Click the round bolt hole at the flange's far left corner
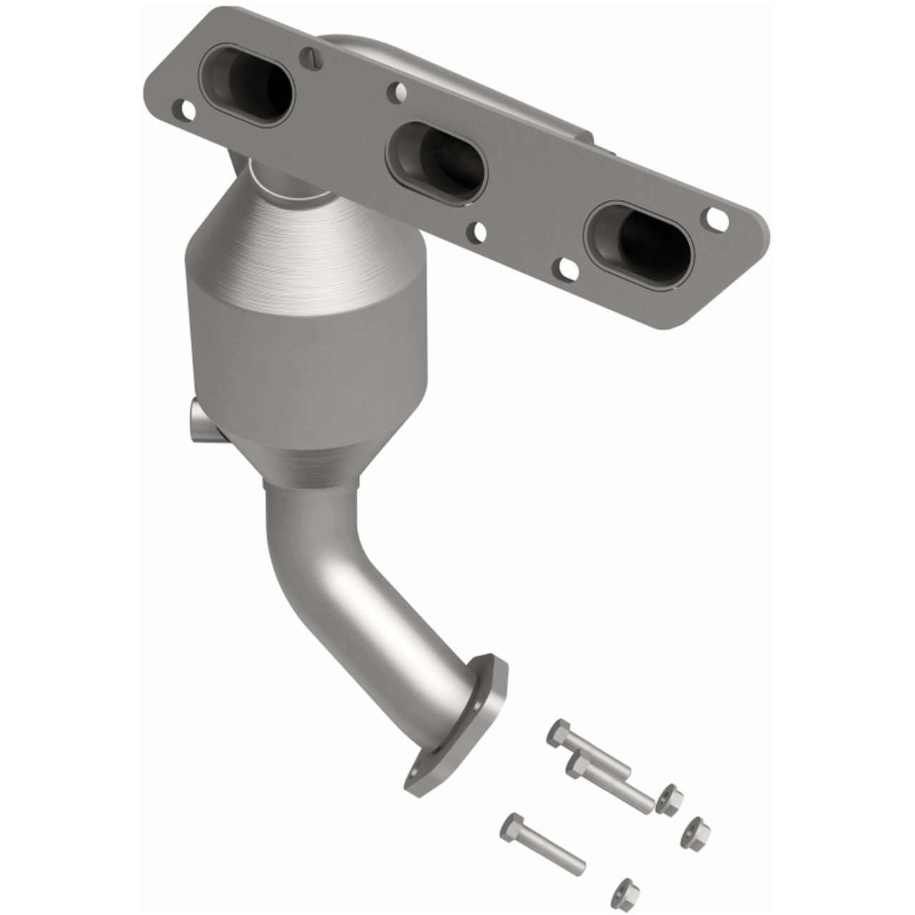(x=187, y=110)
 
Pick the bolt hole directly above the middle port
(x=395, y=91)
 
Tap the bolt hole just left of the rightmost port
(x=567, y=268)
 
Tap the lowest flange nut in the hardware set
(x=625, y=889)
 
